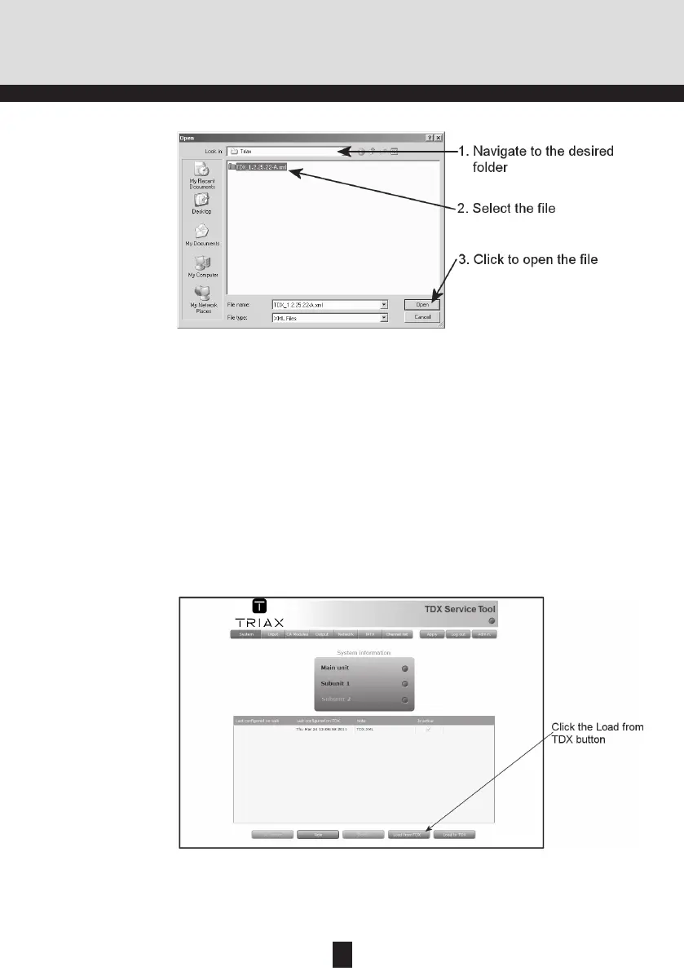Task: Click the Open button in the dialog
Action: point(422,304)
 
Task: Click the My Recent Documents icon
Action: point(201,174)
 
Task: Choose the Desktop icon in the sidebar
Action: point(201,204)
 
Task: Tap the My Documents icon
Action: point(201,236)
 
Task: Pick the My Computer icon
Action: point(201,267)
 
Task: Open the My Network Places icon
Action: point(201,299)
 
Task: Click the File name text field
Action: point(325,304)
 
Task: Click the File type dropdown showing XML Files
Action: point(329,318)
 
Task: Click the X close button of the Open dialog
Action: point(439,138)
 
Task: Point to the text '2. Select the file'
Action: point(505,209)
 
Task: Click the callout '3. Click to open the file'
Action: point(527,259)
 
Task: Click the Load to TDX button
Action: point(454,835)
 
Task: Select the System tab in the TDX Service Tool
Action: point(245,633)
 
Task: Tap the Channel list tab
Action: point(397,633)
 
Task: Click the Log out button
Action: point(457,633)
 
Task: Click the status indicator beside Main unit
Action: point(404,668)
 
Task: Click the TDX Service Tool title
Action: point(460,608)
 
